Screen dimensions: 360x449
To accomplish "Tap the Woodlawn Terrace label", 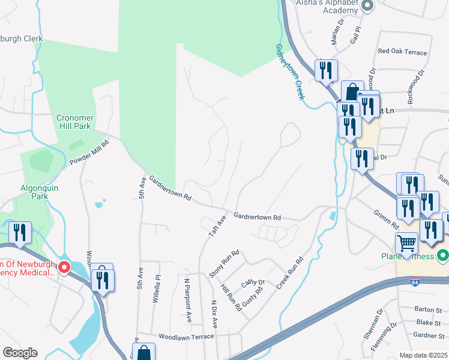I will [x=185, y=337].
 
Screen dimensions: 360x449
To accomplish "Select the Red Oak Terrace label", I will [x=402, y=52].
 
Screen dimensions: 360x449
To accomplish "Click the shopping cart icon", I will [x=406, y=244].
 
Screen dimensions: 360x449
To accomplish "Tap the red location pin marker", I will [x=63, y=266].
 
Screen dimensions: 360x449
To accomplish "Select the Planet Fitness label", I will [x=415, y=257].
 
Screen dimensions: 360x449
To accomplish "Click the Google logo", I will [x=20, y=352].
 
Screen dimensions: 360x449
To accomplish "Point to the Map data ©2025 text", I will [x=423, y=355].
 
